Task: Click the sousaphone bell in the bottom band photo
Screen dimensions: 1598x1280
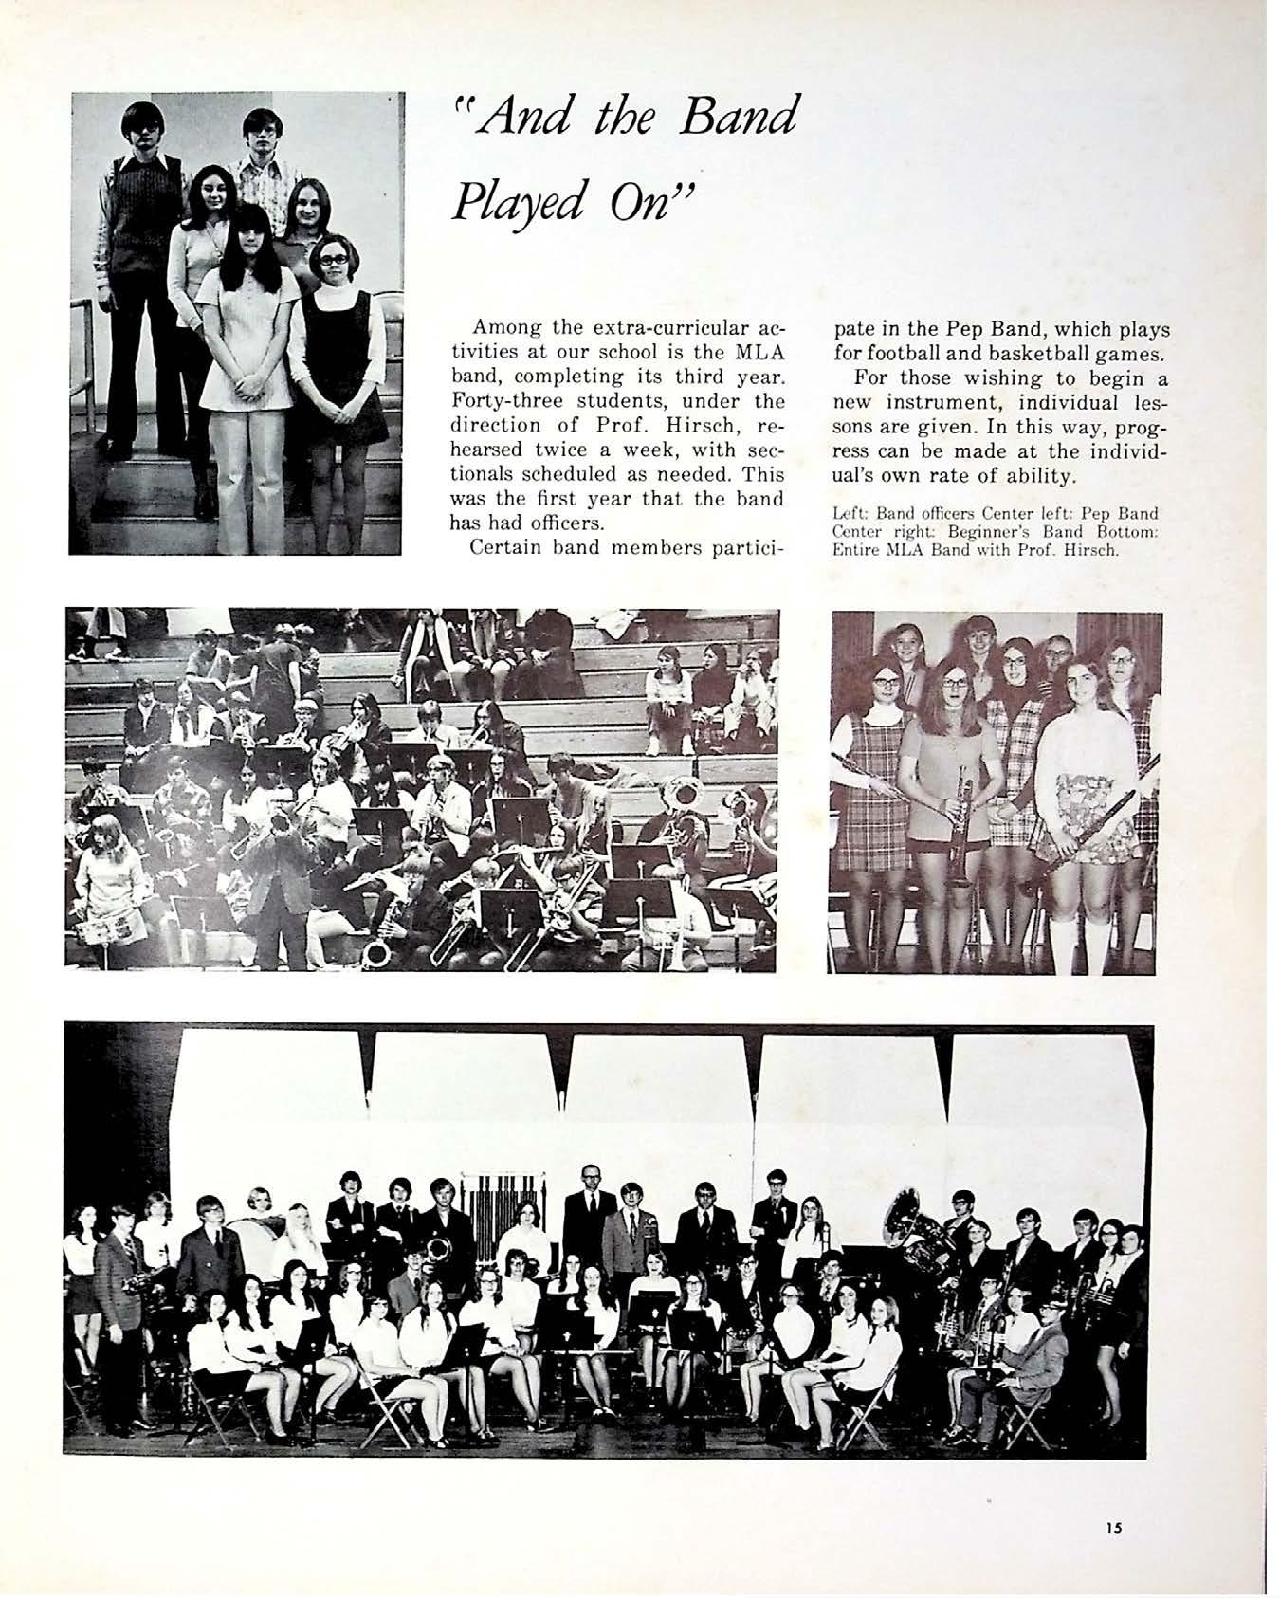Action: tap(908, 1217)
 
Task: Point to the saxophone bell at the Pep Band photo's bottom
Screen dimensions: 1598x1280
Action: tap(377, 951)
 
